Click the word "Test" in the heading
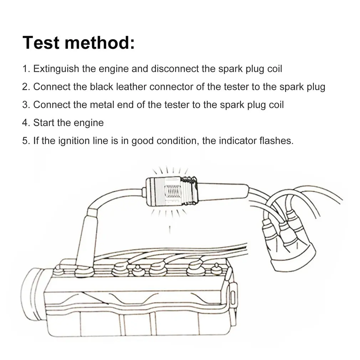(x=41, y=43)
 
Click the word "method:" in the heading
(x=100, y=43)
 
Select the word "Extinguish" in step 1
(x=56, y=69)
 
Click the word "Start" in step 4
(x=43, y=123)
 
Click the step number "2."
(x=26, y=87)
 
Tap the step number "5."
(x=26, y=140)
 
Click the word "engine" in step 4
(x=88, y=123)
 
